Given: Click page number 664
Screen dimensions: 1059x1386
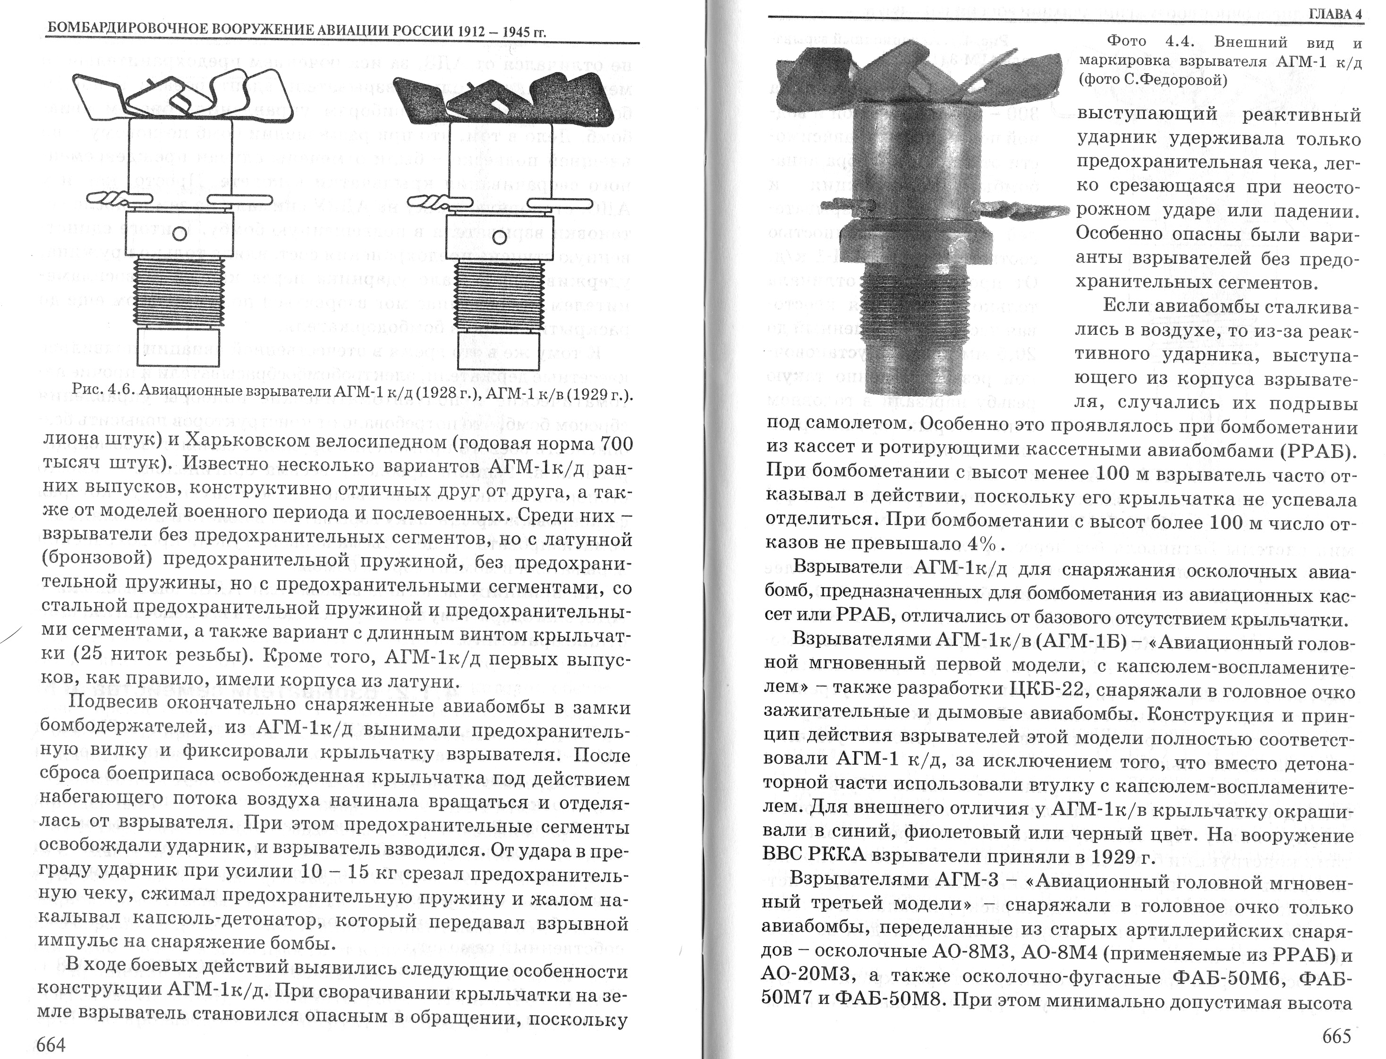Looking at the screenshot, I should pyautogui.click(x=51, y=1044).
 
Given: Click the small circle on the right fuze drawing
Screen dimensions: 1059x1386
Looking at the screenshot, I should pyautogui.click(x=499, y=237).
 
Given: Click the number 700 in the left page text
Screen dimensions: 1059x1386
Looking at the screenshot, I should pyautogui.click(x=613, y=443).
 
